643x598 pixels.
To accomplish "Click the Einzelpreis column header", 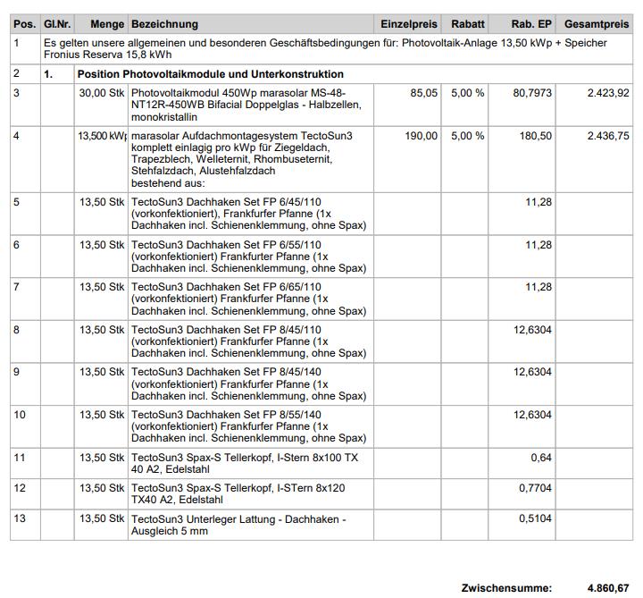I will [x=409, y=24].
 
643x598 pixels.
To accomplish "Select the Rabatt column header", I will [x=468, y=24].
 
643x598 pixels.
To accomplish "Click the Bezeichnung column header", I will [x=165, y=24].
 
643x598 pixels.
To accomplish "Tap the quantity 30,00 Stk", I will [x=102, y=93].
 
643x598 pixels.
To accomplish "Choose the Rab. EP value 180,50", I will [x=536, y=136].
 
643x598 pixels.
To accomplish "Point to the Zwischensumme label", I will [x=506, y=588].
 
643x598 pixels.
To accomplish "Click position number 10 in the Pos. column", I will [x=21, y=415].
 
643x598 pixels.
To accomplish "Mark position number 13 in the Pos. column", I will [x=21, y=518].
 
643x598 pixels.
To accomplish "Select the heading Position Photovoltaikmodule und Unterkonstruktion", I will [x=210, y=74].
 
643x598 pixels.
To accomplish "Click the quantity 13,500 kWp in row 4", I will [x=102, y=136].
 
